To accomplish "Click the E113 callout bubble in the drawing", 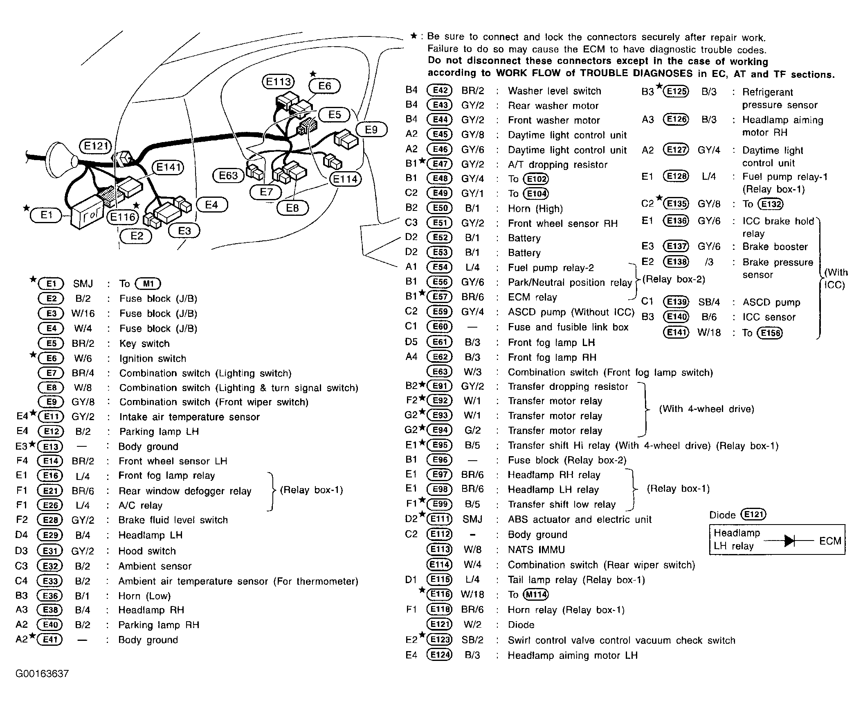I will point(278,82).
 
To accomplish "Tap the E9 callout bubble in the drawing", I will point(371,130).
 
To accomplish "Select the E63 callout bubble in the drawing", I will point(228,176).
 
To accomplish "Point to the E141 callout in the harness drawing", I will point(168,167).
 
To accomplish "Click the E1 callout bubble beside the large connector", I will point(46,215).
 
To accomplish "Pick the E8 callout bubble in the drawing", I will point(292,208).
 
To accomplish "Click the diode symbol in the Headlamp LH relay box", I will point(789,541).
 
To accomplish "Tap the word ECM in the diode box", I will point(830,541).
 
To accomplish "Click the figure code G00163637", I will point(42,674).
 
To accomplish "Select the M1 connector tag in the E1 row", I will point(148,283).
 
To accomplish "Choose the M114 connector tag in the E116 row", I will point(535,594).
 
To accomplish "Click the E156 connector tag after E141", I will point(769,333).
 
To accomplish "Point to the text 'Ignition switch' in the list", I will point(153,358).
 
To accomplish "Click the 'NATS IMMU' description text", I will point(536,550).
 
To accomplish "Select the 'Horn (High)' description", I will point(535,208).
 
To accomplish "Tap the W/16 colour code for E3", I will point(83,314).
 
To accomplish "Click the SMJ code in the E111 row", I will point(472,519).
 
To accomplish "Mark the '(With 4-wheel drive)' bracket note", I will point(706,409).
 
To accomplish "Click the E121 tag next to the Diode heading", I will point(753,514).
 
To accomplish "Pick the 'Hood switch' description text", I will point(147,551).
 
